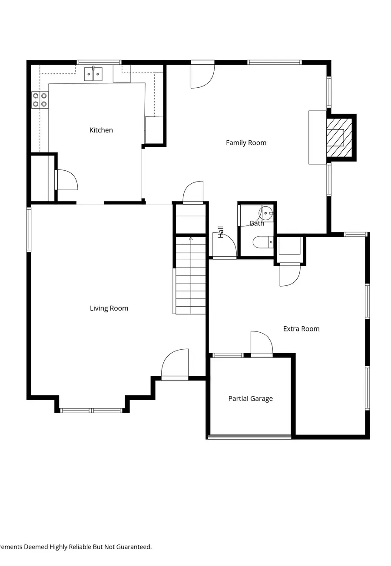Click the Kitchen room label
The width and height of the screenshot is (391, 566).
101,130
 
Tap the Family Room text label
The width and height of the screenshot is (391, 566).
246,142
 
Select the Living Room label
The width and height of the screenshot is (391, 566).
109,308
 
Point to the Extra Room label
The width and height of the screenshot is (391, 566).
301,329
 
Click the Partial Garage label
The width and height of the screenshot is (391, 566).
250,398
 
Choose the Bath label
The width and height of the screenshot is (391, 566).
257,223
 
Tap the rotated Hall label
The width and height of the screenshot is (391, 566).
221,232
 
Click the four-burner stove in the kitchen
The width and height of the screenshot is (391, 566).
40,100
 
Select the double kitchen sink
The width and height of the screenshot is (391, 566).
93,74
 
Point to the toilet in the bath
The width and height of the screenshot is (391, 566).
262,242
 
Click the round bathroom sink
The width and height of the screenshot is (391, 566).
266,213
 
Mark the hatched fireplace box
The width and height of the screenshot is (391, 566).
339,137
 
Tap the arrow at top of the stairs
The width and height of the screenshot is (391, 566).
191,238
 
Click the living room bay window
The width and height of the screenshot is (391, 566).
91,410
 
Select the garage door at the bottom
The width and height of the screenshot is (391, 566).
249,437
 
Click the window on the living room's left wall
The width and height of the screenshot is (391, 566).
29,229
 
